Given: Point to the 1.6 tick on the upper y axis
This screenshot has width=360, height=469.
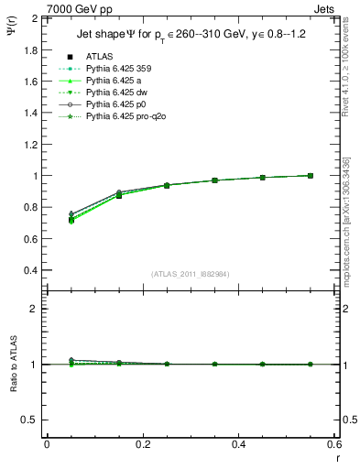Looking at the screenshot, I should point(32,82).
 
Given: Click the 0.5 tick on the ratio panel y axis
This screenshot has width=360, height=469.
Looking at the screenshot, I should point(32,420).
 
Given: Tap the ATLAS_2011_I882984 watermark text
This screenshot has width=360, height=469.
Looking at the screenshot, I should point(190,274).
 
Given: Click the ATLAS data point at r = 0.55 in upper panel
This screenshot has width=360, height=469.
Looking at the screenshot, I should point(311,176).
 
